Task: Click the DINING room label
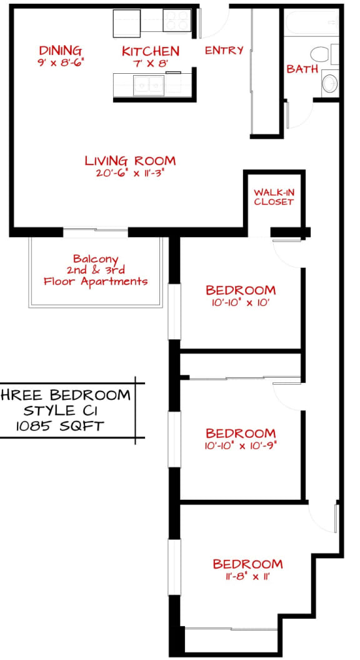[60, 51]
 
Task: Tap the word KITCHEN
[150, 51]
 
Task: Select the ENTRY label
[224, 51]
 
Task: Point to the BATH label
[302, 69]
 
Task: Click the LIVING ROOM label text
[130, 161]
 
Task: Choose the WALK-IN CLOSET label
[273, 197]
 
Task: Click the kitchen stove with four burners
[176, 21]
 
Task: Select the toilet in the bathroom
[321, 54]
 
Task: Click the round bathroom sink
[329, 83]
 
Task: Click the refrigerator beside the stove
[127, 23]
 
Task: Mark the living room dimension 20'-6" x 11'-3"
[130, 173]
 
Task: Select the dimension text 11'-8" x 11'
[247, 577]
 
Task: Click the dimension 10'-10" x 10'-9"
[241, 446]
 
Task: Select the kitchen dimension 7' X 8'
[150, 63]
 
